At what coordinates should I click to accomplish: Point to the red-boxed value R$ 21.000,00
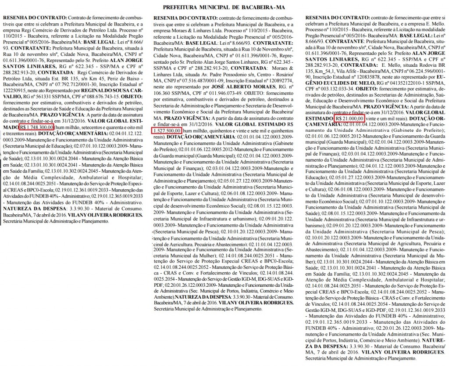(x=349, y=106)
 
